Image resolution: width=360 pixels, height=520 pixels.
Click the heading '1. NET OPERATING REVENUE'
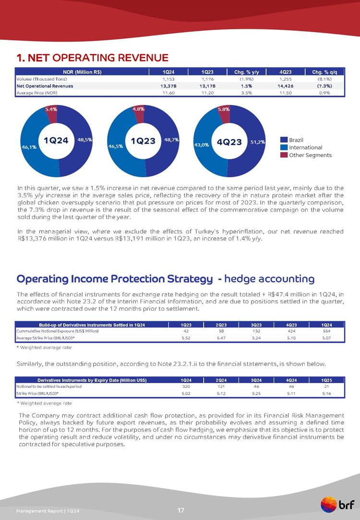point(92,58)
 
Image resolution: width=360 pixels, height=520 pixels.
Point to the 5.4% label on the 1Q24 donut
point(51,109)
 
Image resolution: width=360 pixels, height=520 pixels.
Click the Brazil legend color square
point(284,139)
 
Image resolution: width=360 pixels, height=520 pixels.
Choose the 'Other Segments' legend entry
point(310,155)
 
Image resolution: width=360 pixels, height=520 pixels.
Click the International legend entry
point(305,147)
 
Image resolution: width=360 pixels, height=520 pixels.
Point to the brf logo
point(338,505)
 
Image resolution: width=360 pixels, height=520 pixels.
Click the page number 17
point(180,509)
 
